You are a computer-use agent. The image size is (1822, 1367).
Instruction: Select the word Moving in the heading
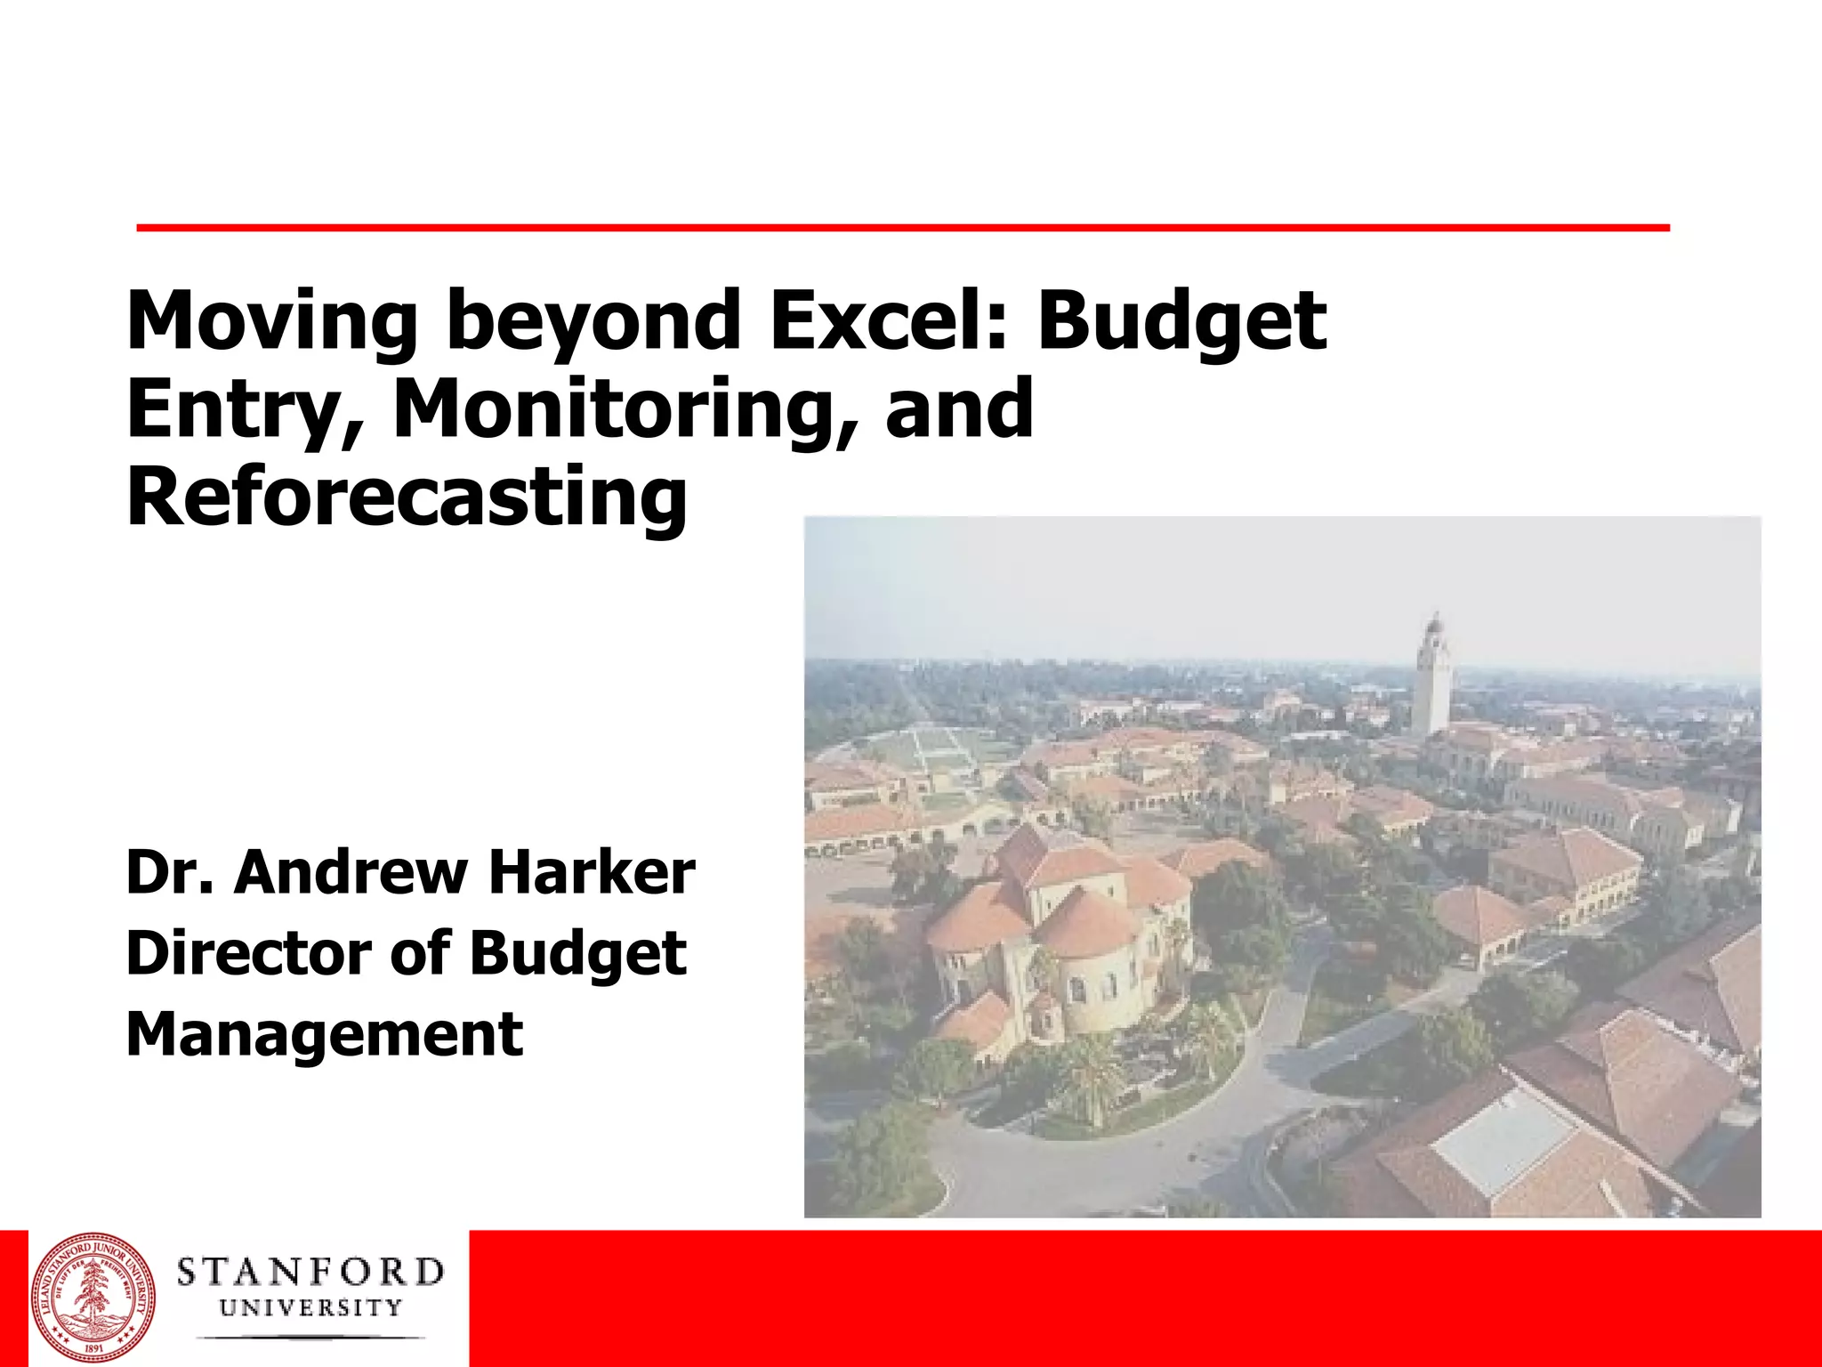(x=271, y=322)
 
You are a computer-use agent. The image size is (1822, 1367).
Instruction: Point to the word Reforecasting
(x=407, y=498)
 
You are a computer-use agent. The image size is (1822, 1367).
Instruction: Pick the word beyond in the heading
(x=593, y=322)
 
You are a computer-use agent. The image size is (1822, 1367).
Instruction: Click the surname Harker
(x=592, y=873)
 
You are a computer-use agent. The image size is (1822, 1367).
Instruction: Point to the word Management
(x=325, y=1034)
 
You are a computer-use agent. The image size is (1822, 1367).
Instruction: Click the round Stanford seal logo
(x=93, y=1299)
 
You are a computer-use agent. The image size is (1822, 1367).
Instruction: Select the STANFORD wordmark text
(x=310, y=1273)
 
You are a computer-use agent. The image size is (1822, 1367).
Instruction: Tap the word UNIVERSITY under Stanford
(x=310, y=1308)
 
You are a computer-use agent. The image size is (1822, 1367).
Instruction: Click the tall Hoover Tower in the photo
(x=1432, y=676)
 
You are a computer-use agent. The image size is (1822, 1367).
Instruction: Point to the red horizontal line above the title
(x=902, y=229)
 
